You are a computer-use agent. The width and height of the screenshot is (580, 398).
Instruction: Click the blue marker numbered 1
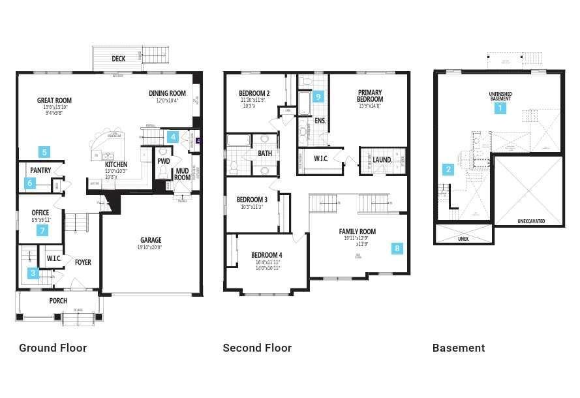(500, 108)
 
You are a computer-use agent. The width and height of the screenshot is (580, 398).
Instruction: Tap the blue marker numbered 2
(448, 170)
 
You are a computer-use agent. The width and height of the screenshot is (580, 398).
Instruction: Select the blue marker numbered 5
(44, 152)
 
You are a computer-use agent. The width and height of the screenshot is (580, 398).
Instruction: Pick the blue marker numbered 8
(397, 248)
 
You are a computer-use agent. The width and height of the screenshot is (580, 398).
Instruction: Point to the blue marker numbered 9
(318, 97)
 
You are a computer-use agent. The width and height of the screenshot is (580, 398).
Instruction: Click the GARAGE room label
(151, 239)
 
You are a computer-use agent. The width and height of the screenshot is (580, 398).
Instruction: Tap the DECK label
(118, 59)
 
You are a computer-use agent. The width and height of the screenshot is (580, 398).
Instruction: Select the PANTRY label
(40, 170)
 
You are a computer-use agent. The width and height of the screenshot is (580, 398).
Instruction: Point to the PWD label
(164, 161)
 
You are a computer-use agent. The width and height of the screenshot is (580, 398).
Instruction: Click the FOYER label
(83, 262)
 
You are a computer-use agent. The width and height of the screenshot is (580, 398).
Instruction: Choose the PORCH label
(58, 301)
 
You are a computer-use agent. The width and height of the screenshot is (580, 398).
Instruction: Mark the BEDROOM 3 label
(252, 200)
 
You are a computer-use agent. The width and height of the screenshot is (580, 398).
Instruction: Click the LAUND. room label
(382, 159)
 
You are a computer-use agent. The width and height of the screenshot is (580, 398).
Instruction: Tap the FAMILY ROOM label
(357, 232)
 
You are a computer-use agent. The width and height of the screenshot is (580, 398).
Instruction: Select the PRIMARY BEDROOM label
(370, 96)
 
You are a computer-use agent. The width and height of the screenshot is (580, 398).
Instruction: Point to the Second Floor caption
(257, 348)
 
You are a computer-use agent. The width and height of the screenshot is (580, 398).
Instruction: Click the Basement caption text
(459, 348)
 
